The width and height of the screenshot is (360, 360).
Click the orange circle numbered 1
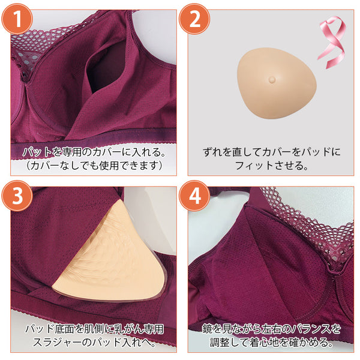(x=17, y=19)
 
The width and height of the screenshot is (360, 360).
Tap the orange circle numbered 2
(x=194, y=19)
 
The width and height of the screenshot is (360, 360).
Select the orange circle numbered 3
(x=17, y=196)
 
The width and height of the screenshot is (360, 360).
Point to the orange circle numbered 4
(x=194, y=196)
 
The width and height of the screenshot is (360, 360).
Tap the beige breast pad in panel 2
(x=277, y=83)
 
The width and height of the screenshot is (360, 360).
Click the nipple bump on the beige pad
(x=272, y=79)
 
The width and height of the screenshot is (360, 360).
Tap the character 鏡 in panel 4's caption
(x=207, y=329)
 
